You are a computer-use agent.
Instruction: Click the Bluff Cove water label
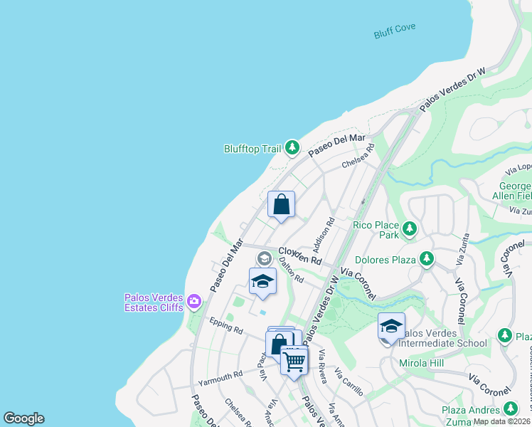[x=395, y=31]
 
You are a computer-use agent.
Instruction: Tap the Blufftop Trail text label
[x=252, y=149]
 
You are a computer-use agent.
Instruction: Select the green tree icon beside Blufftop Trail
[x=292, y=147]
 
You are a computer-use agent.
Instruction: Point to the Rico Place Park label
[x=376, y=229]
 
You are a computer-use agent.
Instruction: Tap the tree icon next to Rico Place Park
[x=409, y=228]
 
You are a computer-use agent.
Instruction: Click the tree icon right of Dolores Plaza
[x=426, y=258]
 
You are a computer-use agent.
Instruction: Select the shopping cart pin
[x=294, y=361]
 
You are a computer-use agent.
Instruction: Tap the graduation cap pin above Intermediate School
[x=391, y=326]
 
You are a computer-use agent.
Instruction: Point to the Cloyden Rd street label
[x=299, y=256]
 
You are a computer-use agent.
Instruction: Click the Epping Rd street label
[x=226, y=327]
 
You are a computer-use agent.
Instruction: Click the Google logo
[x=23, y=418]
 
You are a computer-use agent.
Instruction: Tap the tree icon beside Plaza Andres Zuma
[x=510, y=408]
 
